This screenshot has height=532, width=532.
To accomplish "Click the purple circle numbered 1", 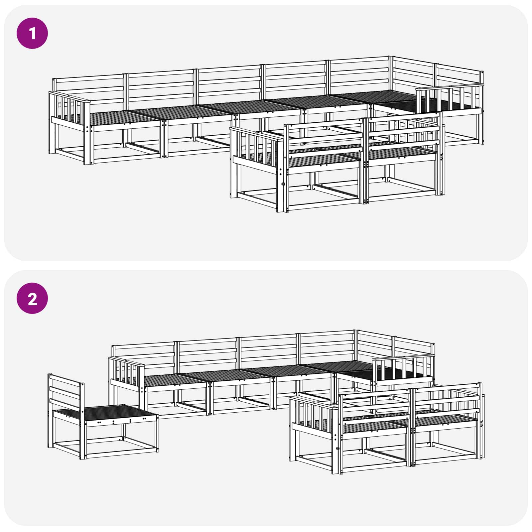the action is [x=32, y=33].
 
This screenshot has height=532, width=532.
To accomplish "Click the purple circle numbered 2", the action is [x=32, y=299].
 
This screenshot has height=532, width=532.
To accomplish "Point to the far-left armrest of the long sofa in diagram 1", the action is [x=69, y=110].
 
